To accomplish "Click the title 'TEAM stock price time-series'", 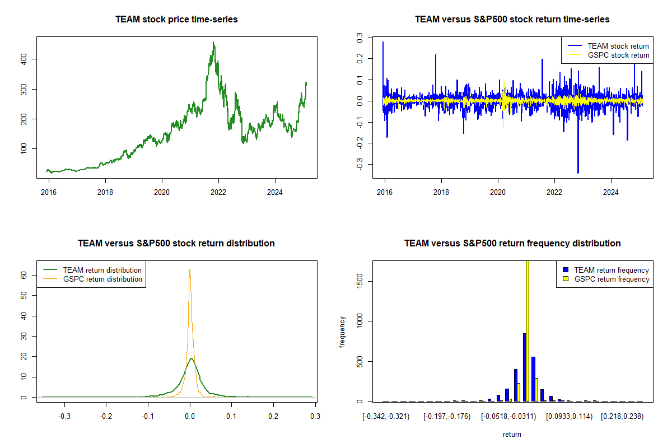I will coord(176,20).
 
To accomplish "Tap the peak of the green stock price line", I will coord(213,42).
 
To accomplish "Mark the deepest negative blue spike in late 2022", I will coord(578,172).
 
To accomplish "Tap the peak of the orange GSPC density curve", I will coord(190,269).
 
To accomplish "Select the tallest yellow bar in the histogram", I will coord(527,330).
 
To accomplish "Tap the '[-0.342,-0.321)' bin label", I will coord(386,416).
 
